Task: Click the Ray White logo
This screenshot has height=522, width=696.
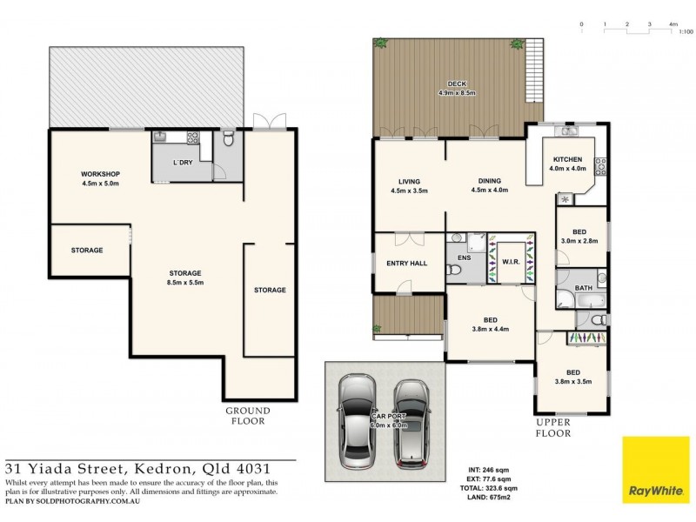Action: (x=655, y=470)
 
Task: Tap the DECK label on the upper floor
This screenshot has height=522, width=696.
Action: (x=457, y=84)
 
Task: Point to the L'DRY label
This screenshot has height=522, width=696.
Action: (x=183, y=164)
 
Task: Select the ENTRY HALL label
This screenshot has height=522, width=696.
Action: (x=407, y=263)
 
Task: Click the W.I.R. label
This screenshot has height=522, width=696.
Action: (x=511, y=261)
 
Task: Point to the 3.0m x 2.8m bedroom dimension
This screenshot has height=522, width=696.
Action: (x=579, y=241)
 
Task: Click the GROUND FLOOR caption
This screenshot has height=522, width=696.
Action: (x=248, y=415)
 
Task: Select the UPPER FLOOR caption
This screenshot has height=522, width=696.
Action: (x=552, y=427)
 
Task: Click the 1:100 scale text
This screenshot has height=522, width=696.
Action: (x=685, y=32)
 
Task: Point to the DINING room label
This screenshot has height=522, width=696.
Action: (x=487, y=180)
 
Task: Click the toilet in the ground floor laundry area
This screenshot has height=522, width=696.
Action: (x=228, y=139)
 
